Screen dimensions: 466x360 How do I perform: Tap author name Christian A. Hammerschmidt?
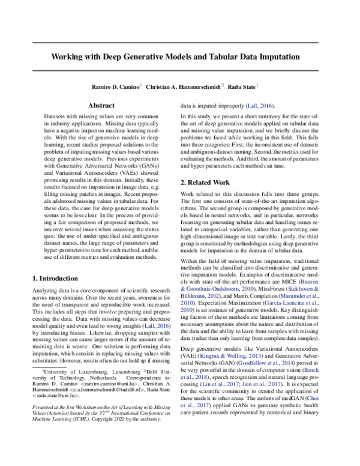coord(183,86)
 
